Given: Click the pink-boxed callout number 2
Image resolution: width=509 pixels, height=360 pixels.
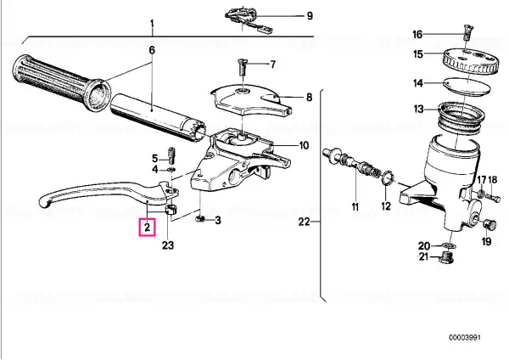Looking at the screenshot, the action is point(148,227).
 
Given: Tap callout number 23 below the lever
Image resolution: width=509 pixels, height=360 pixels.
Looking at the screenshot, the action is point(168,245).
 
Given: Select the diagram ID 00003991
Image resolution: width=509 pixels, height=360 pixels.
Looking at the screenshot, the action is point(465,338).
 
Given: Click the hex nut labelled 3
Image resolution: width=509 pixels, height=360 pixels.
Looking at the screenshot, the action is point(200,220).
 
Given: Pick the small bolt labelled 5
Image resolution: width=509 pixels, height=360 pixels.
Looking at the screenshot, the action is point(171,155).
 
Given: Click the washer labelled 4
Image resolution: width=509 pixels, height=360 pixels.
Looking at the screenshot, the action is point(171,169).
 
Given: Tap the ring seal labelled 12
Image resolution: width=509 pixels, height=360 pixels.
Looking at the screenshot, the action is point(388,178).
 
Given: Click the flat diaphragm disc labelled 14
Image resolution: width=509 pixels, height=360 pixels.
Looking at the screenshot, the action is point(467,87).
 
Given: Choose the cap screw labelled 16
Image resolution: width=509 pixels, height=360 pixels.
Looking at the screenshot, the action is point(467,32).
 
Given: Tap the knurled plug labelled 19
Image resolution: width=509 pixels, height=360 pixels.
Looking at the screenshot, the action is point(489,225).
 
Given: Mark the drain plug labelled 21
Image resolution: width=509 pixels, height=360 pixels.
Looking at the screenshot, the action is point(445,258).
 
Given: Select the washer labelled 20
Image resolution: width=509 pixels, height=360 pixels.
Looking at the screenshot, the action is point(447,245).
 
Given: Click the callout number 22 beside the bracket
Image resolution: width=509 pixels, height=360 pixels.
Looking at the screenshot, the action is point(304,222).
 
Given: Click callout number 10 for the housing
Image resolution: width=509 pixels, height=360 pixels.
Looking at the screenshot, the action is point(304,145).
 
